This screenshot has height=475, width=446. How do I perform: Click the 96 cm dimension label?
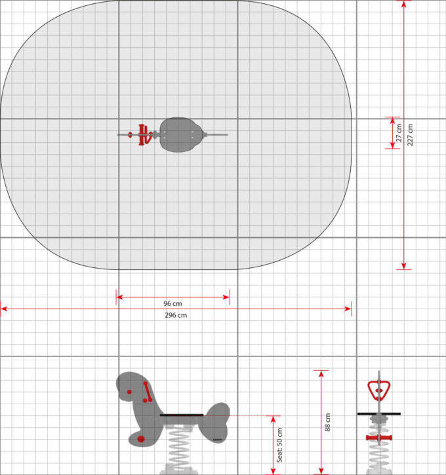coord(172,303)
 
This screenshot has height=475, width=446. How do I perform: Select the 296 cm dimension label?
coord(176,315)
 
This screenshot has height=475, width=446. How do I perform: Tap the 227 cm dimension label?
coord(410,135)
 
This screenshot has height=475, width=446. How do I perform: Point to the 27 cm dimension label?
coord(399,133)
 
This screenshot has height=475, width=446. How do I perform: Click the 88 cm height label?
coord(327,423)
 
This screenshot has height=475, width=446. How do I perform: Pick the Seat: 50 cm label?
coord(279,445)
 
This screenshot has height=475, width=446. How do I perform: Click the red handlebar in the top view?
coord(142,134)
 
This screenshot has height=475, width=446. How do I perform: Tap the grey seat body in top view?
coord(181,134)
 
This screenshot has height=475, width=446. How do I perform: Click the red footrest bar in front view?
coord(378,438)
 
